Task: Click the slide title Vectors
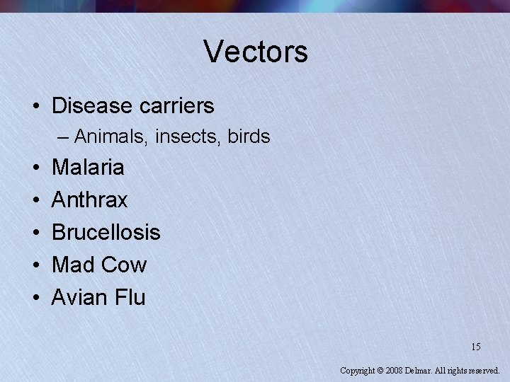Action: coord(256,52)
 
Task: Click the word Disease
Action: coord(92,106)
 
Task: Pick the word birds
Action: coord(249,136)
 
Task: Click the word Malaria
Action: coord(88,168)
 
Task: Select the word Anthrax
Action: coord(90,200)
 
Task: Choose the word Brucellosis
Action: coord(106,232)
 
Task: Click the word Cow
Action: coord(124,265)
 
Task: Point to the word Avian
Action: coord(76,297)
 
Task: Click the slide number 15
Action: coord(475,347)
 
